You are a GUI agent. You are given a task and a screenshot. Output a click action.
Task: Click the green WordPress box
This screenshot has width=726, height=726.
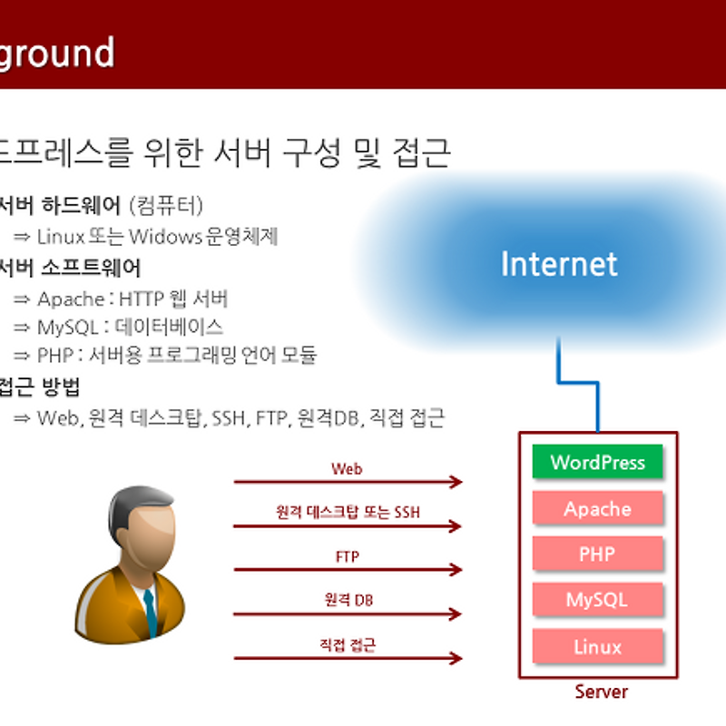pos(597,462)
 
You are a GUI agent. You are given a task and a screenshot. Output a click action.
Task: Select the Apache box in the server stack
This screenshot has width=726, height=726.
pos(597,509)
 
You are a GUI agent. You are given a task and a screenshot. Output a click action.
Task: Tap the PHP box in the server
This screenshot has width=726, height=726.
pos(597,554)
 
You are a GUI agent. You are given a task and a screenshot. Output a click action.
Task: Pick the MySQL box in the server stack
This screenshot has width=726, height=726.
pos(597,600)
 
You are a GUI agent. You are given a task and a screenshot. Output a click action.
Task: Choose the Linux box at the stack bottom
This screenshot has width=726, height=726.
pos(597,647)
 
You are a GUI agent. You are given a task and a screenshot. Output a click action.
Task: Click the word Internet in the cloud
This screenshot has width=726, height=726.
pos(559,264)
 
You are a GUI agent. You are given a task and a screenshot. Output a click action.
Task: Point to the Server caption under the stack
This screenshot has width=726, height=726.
pos(601,692)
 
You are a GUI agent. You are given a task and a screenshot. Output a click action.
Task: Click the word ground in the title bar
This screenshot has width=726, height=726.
pos(56,53)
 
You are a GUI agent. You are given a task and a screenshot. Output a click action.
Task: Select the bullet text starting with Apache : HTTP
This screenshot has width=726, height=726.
pos(132,299)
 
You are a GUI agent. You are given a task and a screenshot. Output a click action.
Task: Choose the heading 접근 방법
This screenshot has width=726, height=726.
pos(41,387)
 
